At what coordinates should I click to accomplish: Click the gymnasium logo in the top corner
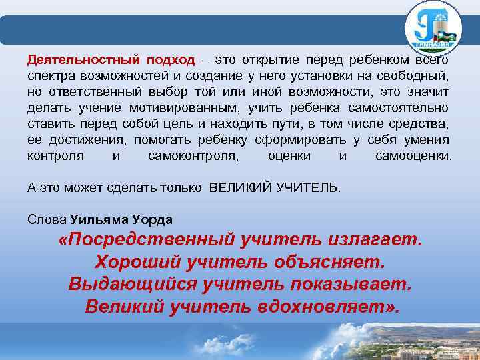point(433,28)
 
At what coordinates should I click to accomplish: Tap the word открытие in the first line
point(270,59)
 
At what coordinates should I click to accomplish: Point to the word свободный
point(413,75)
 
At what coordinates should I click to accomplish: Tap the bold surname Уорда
point(154,220)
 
